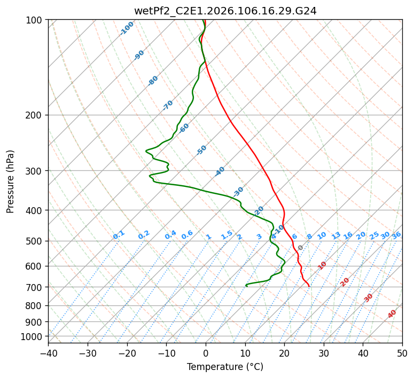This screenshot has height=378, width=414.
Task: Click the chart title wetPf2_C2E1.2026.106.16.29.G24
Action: coord(225,10)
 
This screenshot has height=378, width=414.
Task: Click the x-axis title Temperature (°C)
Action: coord(225,367)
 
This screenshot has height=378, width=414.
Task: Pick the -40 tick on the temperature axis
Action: coord(48,353)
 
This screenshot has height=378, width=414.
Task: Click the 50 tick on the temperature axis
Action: coord(402,353)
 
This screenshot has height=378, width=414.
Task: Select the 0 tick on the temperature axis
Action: coord(206,353)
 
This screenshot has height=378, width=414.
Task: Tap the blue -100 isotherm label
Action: coord(127,28)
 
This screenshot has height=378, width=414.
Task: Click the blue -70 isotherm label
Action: coord(168,105)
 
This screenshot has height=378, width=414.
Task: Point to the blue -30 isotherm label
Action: coord(238,191)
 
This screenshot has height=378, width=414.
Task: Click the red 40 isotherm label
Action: coord(392,314)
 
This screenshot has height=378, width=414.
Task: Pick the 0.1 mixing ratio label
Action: coord(119,235)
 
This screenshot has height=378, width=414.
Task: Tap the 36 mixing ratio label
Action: coord(396,235)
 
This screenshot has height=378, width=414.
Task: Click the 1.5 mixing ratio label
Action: coord(226,235)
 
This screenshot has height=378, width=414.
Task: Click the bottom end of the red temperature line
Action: coord(309,286)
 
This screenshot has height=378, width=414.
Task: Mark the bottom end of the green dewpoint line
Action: coord(246,286)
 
